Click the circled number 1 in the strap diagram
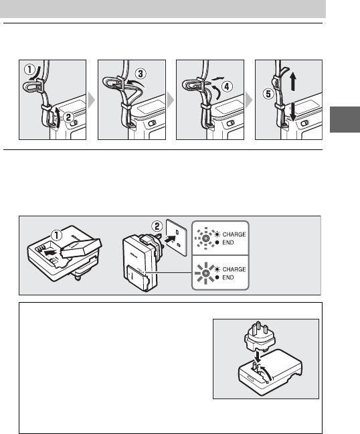(x=29, y=69)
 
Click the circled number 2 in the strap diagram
(x=68, y=117)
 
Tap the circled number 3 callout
(x=141, y=74)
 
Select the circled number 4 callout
(x=227, y=86)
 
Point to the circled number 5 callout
(x=268, y=94)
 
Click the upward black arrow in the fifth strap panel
(x=293, y=82)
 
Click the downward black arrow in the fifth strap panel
(x=293, y=112)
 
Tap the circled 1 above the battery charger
(x=56, y=236)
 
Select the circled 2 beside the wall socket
(x=157, y=226)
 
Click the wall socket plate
(x=176, y=238)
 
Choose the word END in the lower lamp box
(x=228, y=277)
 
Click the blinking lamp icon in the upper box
(x=205, y=238)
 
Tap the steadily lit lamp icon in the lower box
(x=205, y=273)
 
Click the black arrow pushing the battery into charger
(x=51, y=252)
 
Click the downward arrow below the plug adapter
(x=258, y=356)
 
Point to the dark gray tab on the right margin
(x=345, y=119)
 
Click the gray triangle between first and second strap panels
(x=92, y=100)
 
